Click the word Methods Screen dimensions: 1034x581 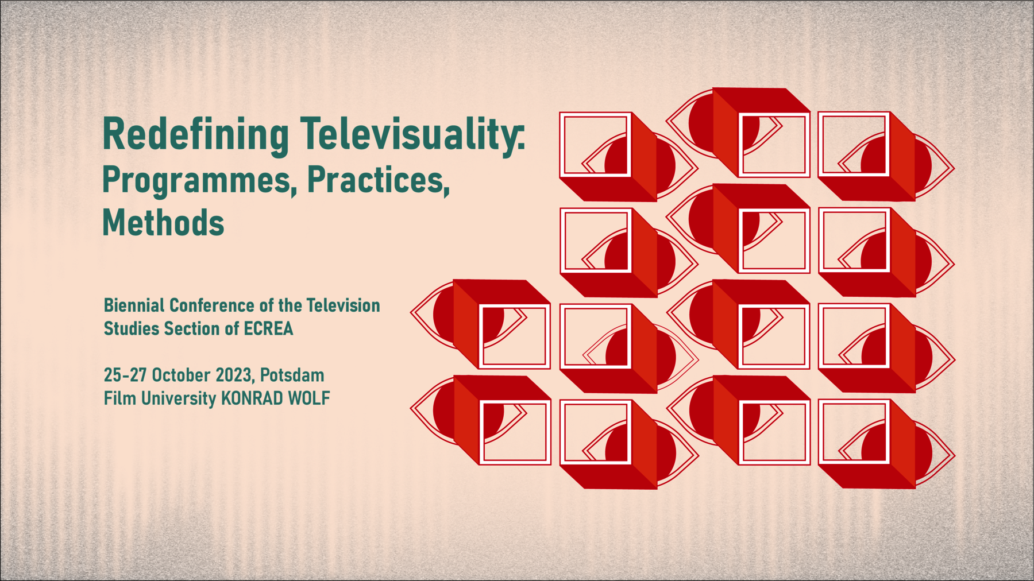163,223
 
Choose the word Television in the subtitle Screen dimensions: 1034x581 343,305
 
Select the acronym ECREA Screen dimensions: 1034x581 268,329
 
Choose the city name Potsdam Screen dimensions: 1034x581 292,375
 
